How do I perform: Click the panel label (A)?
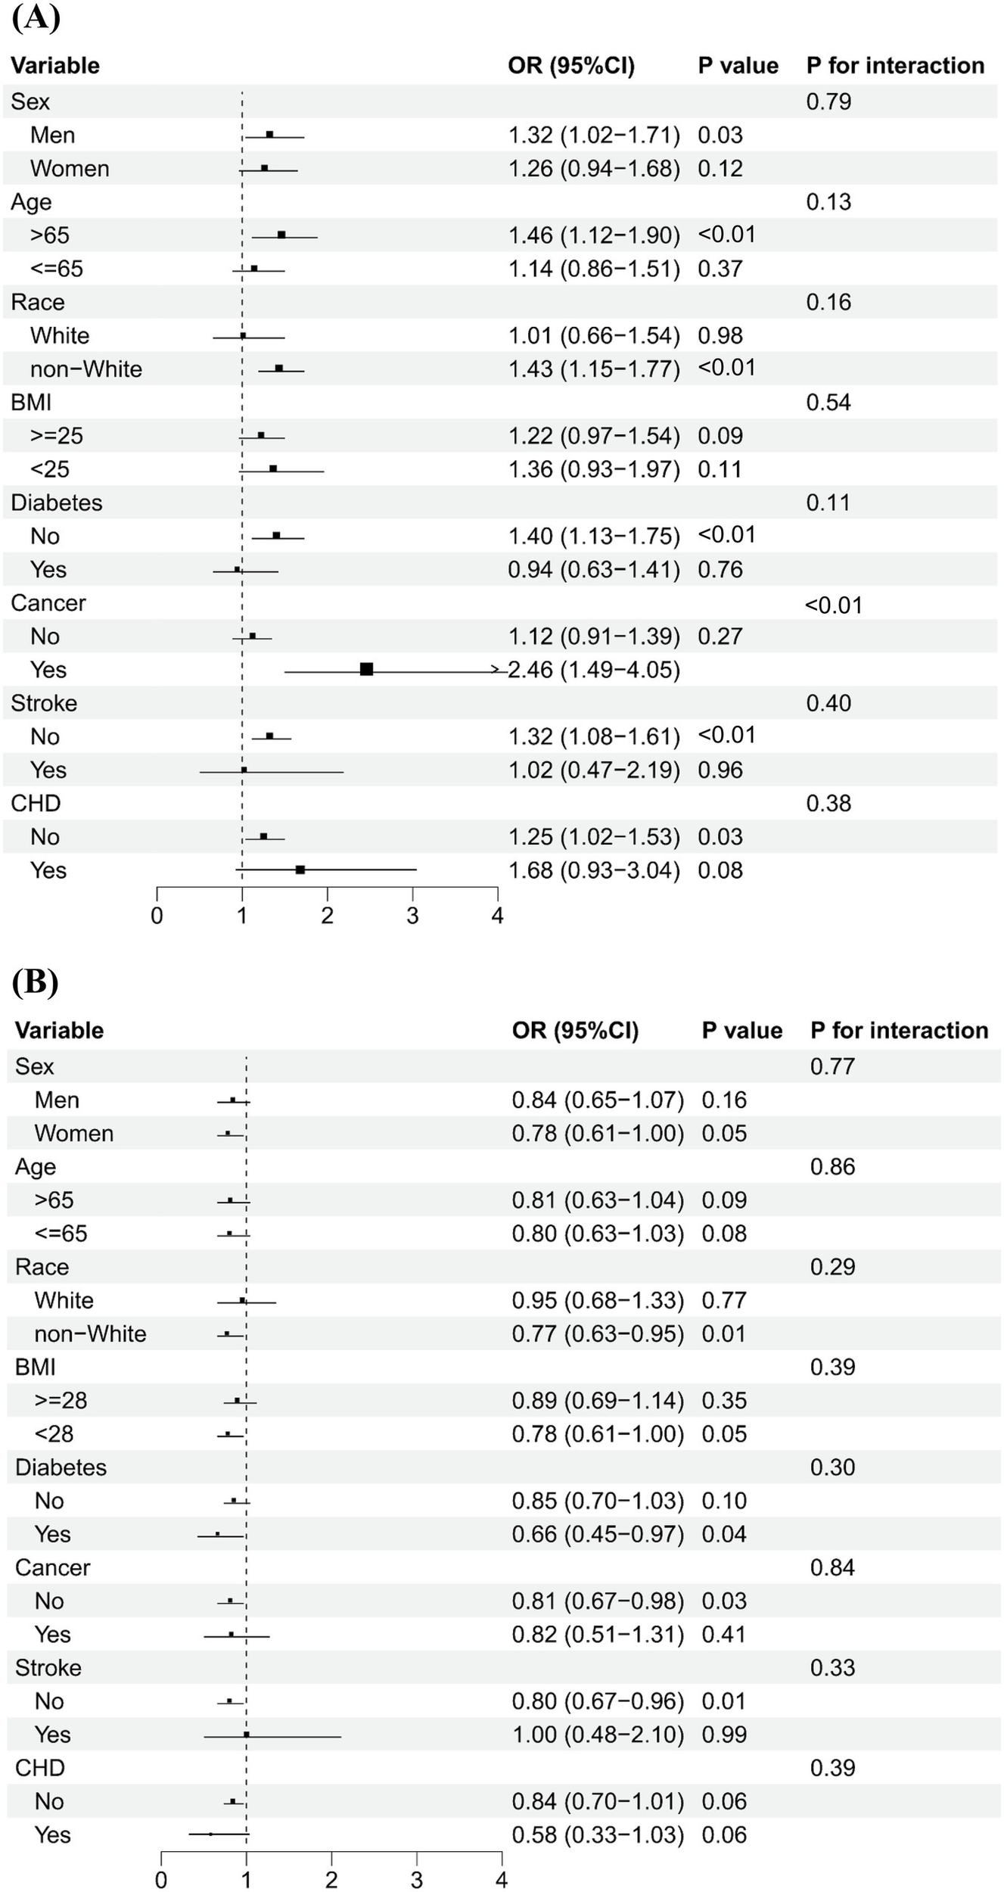point(36,17)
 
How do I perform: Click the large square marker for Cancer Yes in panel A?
point(366,669)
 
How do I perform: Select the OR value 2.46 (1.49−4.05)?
point(594,670)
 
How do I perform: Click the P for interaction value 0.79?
point(828,101)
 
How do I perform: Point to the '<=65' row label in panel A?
point(57,269)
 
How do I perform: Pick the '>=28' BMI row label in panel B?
point(61,1400)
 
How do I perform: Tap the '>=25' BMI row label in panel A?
point(57,436)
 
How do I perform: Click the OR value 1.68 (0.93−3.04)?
point(594,870)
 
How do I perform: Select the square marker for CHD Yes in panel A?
point(300,870)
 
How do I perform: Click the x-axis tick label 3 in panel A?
point(412,916)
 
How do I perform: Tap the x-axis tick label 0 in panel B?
point(160,1881)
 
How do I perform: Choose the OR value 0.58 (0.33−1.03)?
point(598,1834)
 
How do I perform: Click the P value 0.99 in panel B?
point(724,1734)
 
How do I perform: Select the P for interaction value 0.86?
point(832,1166)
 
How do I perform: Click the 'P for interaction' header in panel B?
point(899,1030)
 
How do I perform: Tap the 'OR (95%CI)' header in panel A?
point(571,66)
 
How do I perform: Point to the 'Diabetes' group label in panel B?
point(61,1467)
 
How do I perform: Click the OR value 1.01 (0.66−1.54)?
point(594,335)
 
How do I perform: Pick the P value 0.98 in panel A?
point(720,335)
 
